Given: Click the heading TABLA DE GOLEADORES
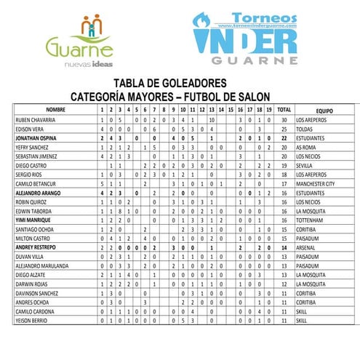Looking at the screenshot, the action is (x=180, y=83).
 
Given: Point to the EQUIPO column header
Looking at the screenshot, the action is (x=324, y=108).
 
